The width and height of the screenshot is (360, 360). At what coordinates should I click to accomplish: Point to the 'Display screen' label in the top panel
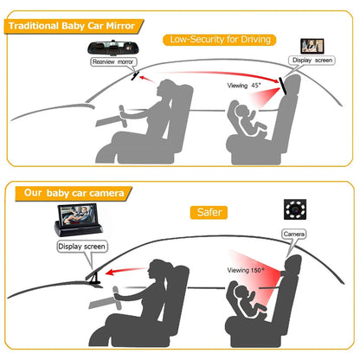[x=313, y=61]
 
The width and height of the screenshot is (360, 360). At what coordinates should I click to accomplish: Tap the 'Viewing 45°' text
[x=244, y=86]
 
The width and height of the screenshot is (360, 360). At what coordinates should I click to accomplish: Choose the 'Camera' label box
[x=294, y=234]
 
